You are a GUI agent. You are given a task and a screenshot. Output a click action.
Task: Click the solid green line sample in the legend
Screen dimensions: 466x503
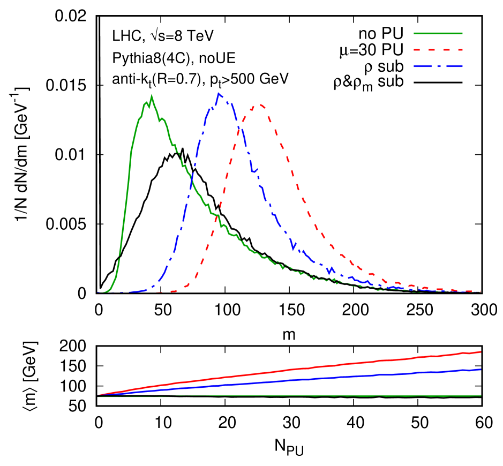click(438, 33)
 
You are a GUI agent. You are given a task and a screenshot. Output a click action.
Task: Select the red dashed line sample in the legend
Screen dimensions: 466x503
click(438, 50)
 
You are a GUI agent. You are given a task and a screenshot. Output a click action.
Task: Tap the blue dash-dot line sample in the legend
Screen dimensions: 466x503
click(438, 66)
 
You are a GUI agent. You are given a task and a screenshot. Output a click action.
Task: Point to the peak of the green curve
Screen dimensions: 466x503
click(152, 96)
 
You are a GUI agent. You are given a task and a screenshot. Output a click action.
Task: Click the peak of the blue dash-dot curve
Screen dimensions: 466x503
click(219, 93)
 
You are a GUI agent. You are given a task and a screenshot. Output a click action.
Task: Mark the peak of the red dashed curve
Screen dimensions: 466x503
click(259, 104)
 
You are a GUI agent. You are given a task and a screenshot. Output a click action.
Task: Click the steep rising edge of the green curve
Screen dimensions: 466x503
click(126, 193)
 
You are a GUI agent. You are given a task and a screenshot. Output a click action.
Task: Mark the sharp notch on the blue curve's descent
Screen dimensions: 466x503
click(253, 171)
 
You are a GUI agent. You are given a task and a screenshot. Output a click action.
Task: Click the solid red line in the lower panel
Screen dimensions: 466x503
click(321, 366)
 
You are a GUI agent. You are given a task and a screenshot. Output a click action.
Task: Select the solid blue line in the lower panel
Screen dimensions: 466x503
click(321, 378)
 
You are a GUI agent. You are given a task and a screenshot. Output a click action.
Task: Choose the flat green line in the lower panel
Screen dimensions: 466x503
click(321, 396)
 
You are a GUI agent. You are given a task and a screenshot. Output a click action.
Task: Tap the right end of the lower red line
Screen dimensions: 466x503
click(481, 352)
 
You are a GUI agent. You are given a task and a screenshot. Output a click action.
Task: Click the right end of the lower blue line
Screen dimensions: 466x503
click(481, 369)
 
